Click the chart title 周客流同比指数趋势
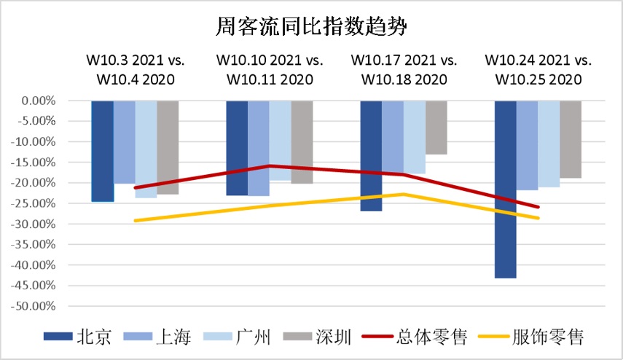(311, 27)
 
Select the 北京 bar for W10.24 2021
(506, 189)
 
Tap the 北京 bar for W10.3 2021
(102, 151)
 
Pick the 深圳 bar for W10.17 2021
(436, 128)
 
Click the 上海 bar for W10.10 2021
(259, 148)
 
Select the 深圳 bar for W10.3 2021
(168, 147)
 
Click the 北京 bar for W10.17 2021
(371, 155)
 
